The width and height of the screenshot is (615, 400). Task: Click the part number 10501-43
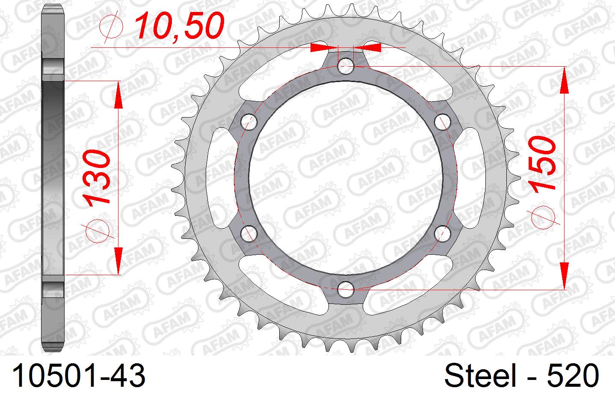coord(79,376)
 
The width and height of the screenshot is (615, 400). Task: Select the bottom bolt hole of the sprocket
coord(346,290)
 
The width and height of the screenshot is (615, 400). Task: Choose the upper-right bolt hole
coord(443,122)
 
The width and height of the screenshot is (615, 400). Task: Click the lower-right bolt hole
coord(443,233)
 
